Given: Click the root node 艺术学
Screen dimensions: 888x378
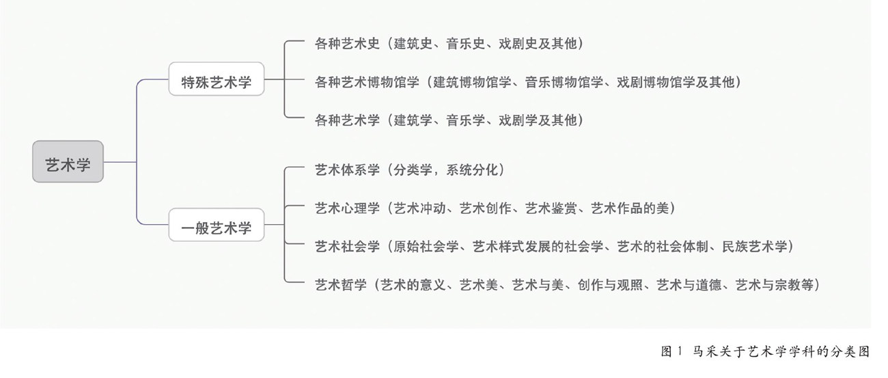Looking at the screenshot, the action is point(68,162).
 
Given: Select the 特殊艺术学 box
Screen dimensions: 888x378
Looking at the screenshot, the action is point(217,82).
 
